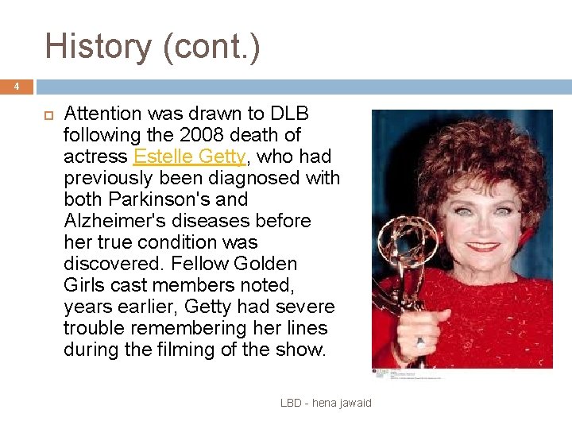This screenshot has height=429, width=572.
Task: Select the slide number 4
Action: [16, 87]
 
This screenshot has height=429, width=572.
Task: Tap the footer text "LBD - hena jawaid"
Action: [326, 404]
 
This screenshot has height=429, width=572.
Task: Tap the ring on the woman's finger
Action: [419, 342]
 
